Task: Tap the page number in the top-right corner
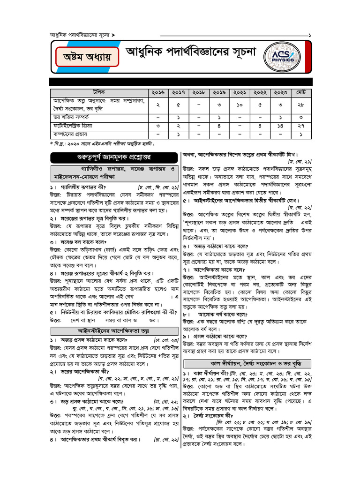(309, 35)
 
